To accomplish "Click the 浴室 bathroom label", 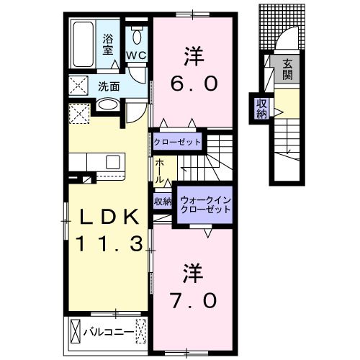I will [108, 45].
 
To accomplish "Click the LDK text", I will [107, 217].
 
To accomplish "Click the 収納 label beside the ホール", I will [162, 202].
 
